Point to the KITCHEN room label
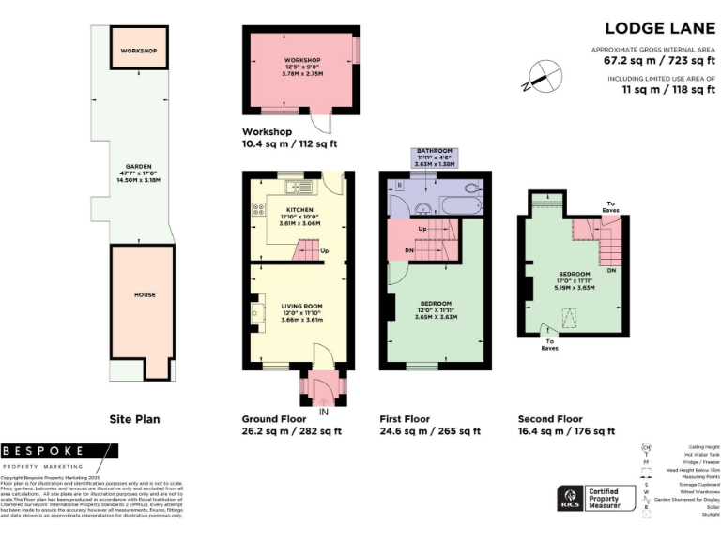(x=299, y=210)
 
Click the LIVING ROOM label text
(x=300, y=306)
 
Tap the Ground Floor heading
(x=272, y=419)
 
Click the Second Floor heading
(x=550, y=419)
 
